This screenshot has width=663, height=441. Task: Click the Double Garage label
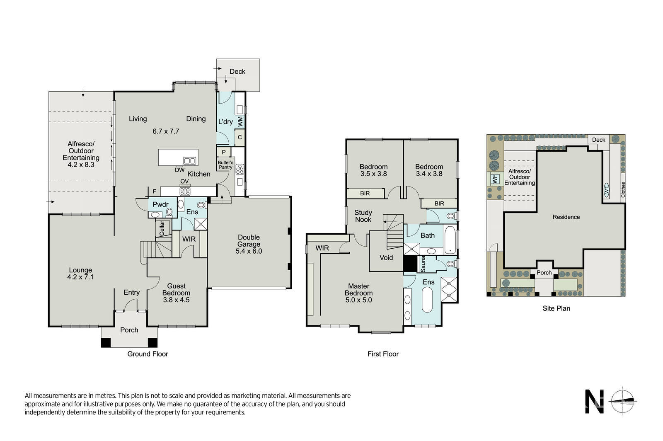coord(249,241)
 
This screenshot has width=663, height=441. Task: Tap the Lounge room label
coord(80,270)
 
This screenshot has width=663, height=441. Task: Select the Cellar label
coord(162,228)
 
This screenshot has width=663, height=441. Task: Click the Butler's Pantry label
coord(225,165)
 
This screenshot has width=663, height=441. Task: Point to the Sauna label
coord(423,264)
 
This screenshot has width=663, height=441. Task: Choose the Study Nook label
coord(363,216)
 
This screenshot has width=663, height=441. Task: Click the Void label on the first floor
coord(386,257)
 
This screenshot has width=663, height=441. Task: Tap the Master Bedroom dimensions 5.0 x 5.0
coord(358,300)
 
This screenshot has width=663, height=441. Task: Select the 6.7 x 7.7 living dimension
coord(166,131)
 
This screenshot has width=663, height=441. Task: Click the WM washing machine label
coord(240,121)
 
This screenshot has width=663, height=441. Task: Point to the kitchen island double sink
coord(189,161)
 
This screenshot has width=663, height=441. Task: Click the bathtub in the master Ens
coord(427,299)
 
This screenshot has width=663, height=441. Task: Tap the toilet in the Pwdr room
coord(169,212)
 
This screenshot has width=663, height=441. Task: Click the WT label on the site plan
coord(606,190)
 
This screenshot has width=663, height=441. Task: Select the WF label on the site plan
coord(495,179)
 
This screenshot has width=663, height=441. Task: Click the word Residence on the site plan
coord(566,217)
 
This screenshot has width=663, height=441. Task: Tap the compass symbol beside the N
coord(622,401)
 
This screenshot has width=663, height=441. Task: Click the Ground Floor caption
coord(148,354)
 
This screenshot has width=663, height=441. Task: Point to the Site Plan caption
coord(556,308)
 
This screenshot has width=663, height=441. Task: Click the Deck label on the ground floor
coord(237,71)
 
